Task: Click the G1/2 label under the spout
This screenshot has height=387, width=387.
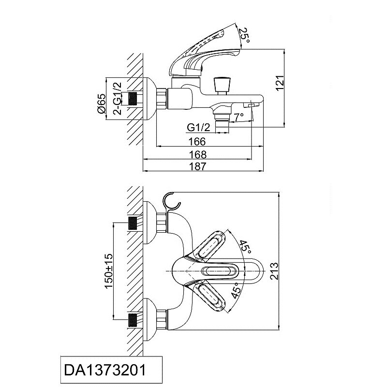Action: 198,128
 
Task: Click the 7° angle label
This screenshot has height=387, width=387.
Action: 238,118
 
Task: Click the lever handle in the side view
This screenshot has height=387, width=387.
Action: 203,53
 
